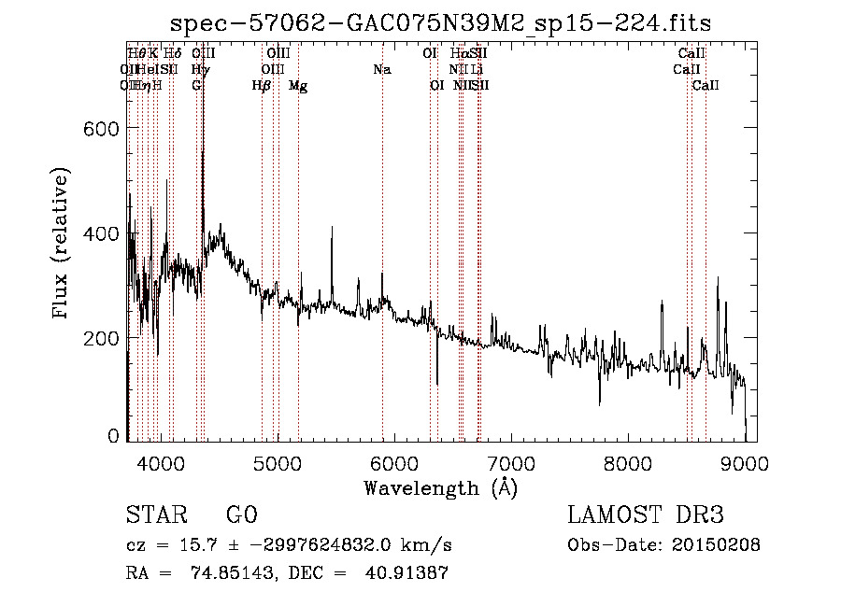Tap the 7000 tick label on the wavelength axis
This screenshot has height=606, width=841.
pos(511,462)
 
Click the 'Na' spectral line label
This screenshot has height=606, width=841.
pos(381,70)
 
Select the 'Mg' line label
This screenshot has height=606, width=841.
pos(298,86)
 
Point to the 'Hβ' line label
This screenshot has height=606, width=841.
pos(262,86)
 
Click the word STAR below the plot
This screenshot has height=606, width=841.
pos(155,515)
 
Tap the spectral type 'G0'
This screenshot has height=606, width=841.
pos(241,515)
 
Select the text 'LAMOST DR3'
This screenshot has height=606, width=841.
pos(646,515)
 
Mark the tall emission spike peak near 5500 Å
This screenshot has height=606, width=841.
pos(331,228)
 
